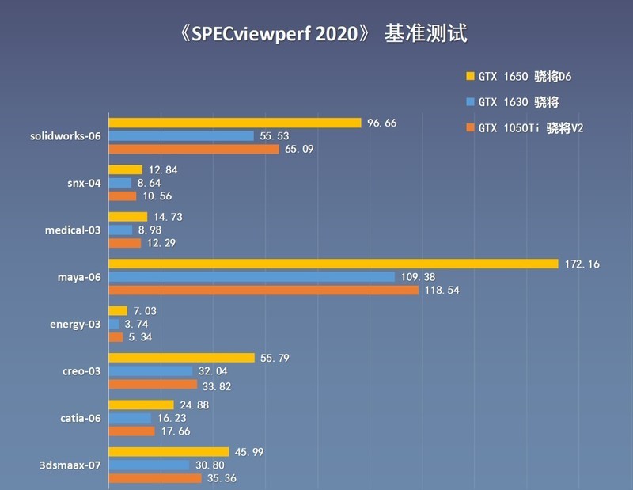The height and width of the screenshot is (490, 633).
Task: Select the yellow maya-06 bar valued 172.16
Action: tap(332, 264)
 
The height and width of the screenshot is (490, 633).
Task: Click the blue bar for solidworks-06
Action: tap(181, 136)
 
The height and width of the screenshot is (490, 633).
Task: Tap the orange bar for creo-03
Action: tap(153, 385)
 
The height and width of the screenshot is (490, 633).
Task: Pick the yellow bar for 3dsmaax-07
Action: tap(169, 452)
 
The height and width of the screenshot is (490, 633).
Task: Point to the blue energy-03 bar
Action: tap(114, 324)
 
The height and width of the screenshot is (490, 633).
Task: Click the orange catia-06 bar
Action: tap(131, 431)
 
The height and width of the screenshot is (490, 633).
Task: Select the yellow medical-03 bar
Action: tap(127, 217)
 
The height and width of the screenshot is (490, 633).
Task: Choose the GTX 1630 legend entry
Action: tap(512, 101)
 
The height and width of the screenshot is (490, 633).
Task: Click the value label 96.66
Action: tap(383, 123)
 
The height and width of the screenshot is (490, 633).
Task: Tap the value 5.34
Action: tap(139, 337)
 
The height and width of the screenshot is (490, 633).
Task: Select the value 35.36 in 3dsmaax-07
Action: tap(223, 478)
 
